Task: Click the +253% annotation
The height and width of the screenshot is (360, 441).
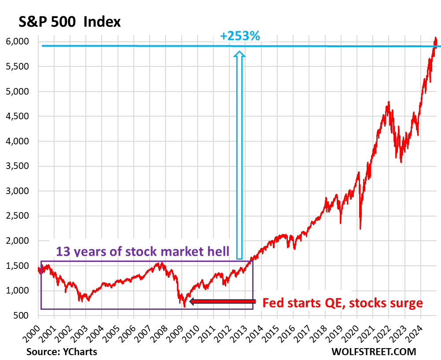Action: pyautogui.click(x=240, y=36)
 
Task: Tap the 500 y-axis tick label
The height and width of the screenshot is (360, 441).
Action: pyautogui.click(x=24, y=316)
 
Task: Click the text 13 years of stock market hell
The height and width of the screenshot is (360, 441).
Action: pyautogui.click(x=143, y=252)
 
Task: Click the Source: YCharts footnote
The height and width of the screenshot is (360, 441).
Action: pyautogui.click(x=62, y=352)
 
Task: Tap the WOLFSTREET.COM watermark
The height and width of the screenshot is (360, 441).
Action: pyautogui.click(x=368, y=352)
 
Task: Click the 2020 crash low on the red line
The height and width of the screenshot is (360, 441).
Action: pyautogui.click(x=360, y=229)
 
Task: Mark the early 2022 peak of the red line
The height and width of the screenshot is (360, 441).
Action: pyautogui.click(x=389, y=103)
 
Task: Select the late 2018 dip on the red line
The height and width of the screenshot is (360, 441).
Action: pyautogui.click(x=341, y=223)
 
